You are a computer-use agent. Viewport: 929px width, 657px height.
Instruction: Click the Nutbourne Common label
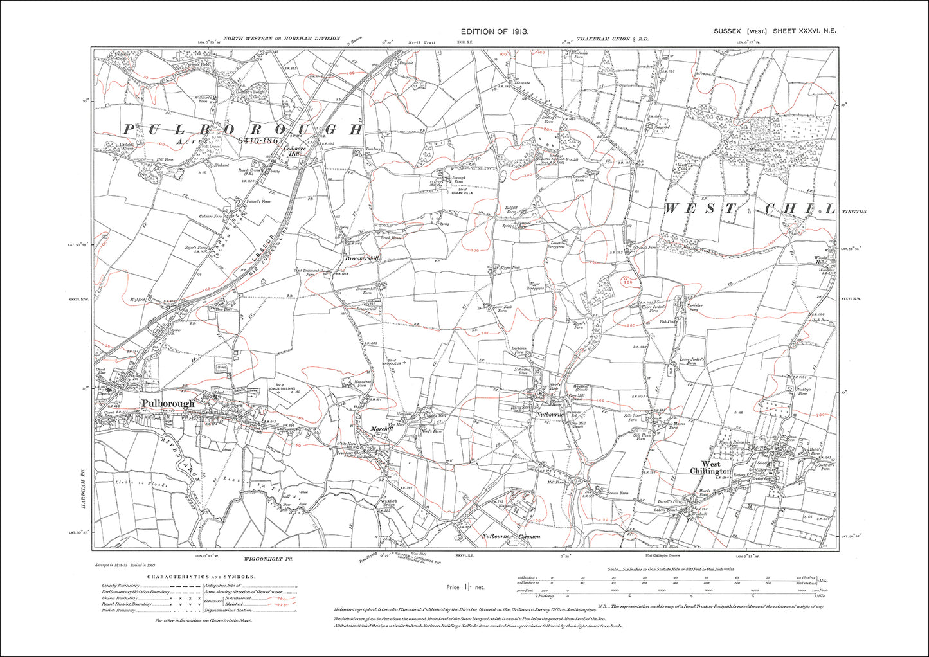click(512, 535)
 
